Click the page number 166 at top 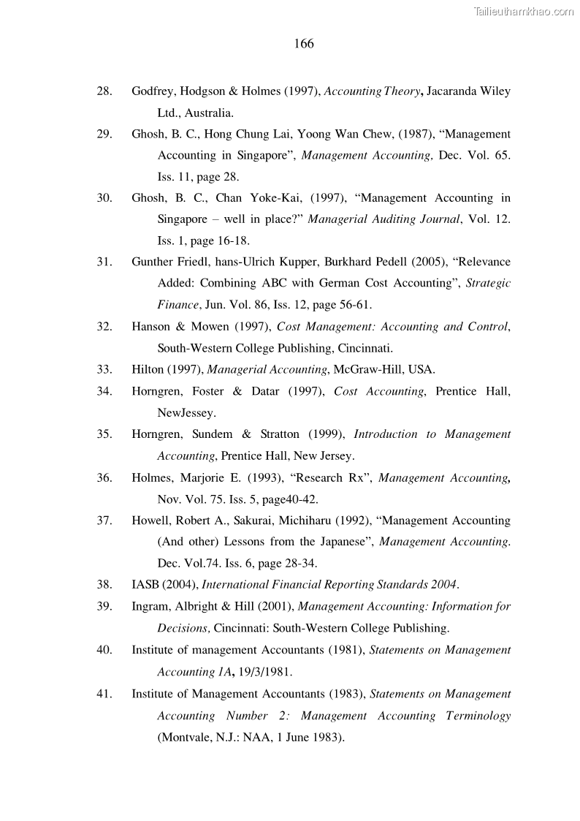tap(304, 44)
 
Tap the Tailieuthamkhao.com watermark tap(524, 11)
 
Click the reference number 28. tap(104, 91)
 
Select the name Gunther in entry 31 tap(152, 262)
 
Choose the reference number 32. tap(104, 327)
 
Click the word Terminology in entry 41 tap(478, 715)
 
